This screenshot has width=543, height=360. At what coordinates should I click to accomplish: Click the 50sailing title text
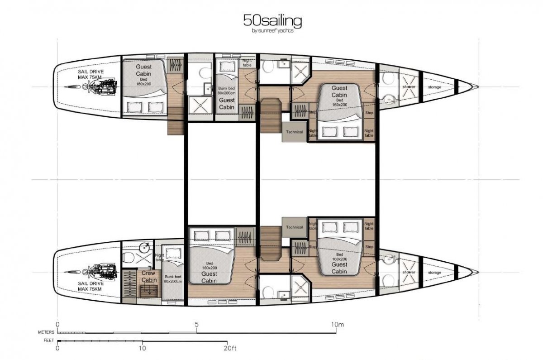click(x=273, y=21)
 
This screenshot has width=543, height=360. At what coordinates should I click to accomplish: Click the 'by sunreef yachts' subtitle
click(x=273, y=31)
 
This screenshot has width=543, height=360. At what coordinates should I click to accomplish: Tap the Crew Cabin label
click(x=148, y=277)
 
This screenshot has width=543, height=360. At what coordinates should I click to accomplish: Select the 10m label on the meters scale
click(x=337, y=324)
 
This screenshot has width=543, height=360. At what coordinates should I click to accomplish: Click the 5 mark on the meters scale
click(x=196, y=324)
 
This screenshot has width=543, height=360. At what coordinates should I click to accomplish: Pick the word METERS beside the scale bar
click(x=47, y=332)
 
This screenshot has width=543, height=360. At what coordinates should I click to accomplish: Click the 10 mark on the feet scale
click(x=142, y=348)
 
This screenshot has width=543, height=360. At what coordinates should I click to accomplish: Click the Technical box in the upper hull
click(x=294, y=132)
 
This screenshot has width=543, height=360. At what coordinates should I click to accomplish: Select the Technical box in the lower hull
click(x=294, y=227)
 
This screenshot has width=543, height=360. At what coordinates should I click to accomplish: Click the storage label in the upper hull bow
click(x=434, y=87)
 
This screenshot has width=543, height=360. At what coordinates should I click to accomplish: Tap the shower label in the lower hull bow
click(x=409, y=272)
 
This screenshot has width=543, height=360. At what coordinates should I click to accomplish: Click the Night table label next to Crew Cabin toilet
click(x=158, y=257)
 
